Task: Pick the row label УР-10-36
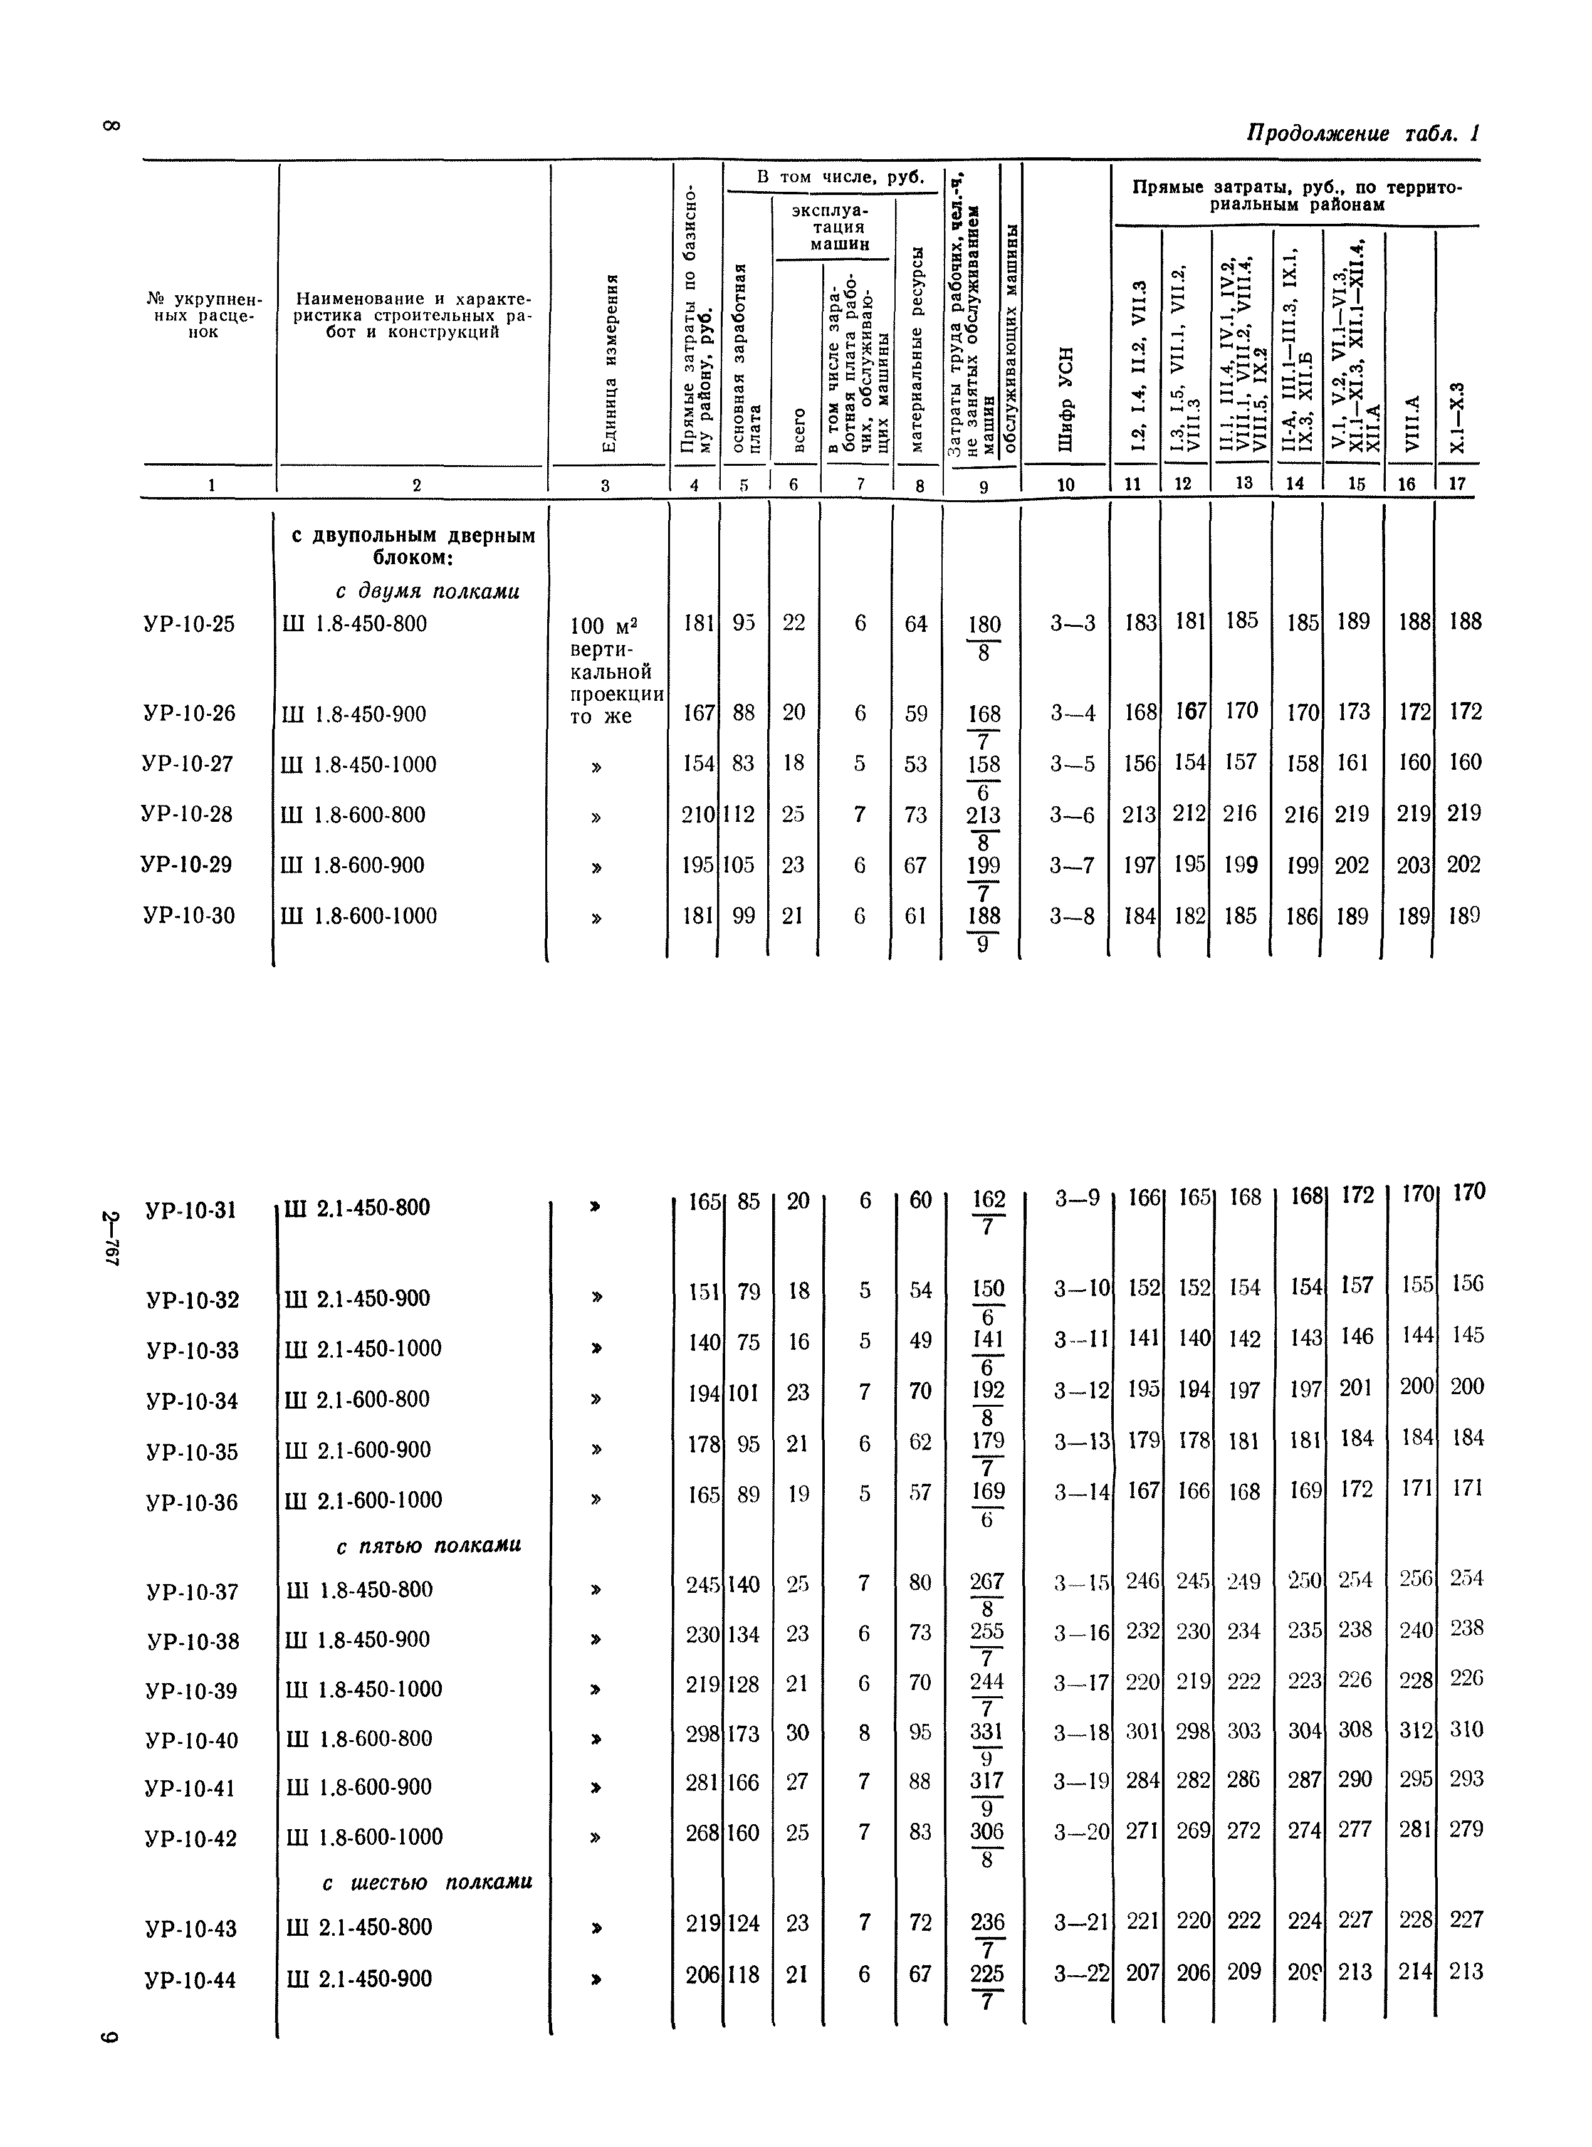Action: pyautogui.click(x=193, y=1503)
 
